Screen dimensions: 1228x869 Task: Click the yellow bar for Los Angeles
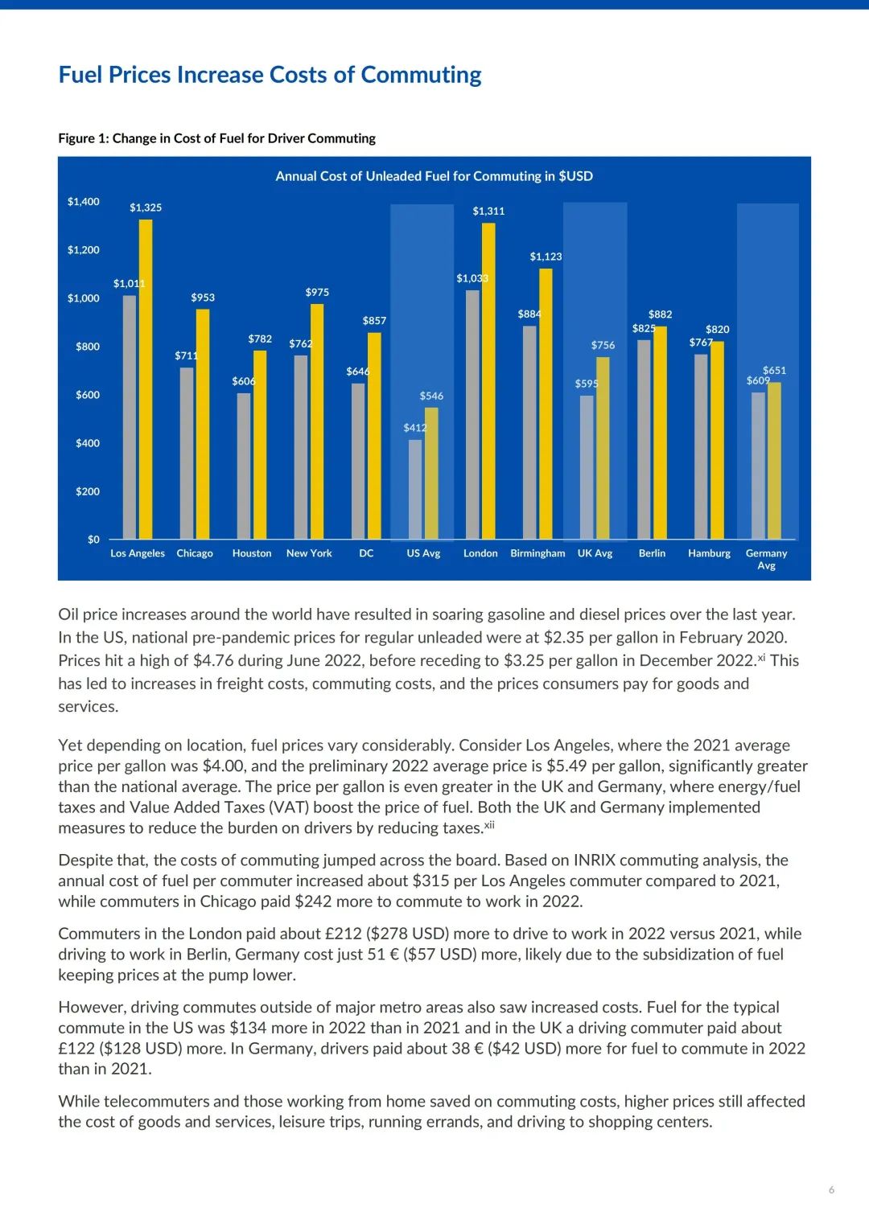(146, 378)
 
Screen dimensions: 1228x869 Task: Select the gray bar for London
(472, 414)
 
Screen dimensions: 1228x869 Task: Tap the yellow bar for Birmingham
(546, 402)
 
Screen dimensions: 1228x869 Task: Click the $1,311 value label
(488, 211)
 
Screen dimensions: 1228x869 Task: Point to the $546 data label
(431, 396)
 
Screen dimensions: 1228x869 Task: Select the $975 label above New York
(317, 292)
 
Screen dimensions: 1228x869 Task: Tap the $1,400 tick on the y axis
(84, 202)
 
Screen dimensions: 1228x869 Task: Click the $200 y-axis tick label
(88, 491)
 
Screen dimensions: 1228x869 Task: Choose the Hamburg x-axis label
(709, 553)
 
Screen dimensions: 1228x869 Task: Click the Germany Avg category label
(766, 559)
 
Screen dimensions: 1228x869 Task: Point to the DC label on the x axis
(366, 553)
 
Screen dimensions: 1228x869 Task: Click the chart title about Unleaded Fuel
(434, 176)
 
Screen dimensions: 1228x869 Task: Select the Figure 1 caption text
(216, 138)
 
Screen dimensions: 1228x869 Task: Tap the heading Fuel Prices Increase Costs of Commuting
(270, 75)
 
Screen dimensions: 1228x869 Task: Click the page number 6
(831, 1189)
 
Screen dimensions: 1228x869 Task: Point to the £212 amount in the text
(342, 934)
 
